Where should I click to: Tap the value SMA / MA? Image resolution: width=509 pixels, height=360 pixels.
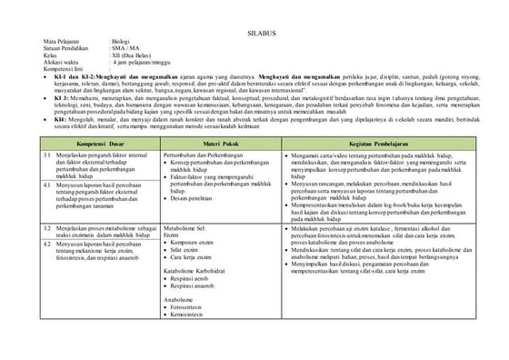[x=126, y=49]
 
